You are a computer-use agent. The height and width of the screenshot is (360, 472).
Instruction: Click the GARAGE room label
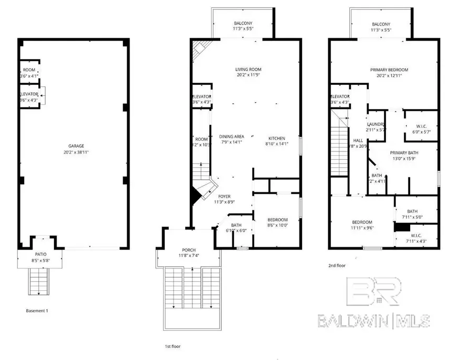tap(72, 146)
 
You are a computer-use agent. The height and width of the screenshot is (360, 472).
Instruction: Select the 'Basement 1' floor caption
tap(37, 311)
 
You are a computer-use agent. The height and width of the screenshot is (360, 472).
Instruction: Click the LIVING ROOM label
tap(248, 69)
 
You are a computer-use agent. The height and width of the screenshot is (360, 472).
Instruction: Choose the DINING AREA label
tap(231, 136)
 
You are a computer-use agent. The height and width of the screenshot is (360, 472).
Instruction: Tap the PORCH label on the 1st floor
tap(189, 249)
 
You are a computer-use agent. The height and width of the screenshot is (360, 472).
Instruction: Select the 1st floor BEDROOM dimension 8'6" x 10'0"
tap(277, 225)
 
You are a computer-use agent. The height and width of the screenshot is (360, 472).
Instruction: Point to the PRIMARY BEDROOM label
tap(389, 70)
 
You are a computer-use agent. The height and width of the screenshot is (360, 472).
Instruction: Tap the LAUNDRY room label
tap(376, 124)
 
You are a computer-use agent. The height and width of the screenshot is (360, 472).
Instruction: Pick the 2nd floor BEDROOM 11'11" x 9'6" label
tap(362, 222)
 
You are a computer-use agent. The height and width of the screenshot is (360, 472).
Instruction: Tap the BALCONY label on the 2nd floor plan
tap(381, 24)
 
